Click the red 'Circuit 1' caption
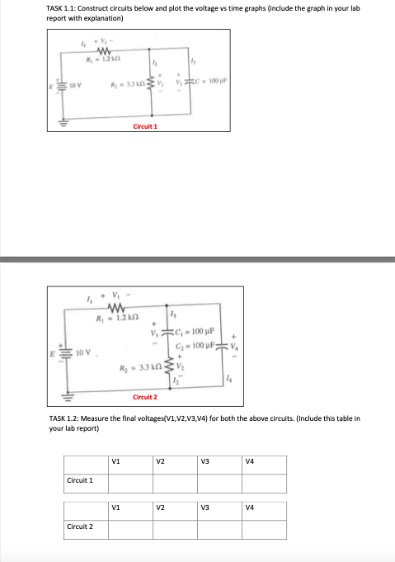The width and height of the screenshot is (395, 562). pos(145,127)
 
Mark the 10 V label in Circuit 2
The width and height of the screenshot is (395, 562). pos(76,353)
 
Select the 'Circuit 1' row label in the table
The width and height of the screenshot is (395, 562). pos(79,479)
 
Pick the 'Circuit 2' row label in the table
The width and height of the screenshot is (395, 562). pos(79,526)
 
